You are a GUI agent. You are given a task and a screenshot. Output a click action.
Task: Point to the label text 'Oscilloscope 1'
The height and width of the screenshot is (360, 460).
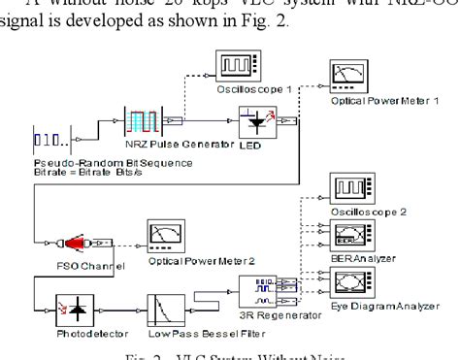(x=241, y=88)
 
